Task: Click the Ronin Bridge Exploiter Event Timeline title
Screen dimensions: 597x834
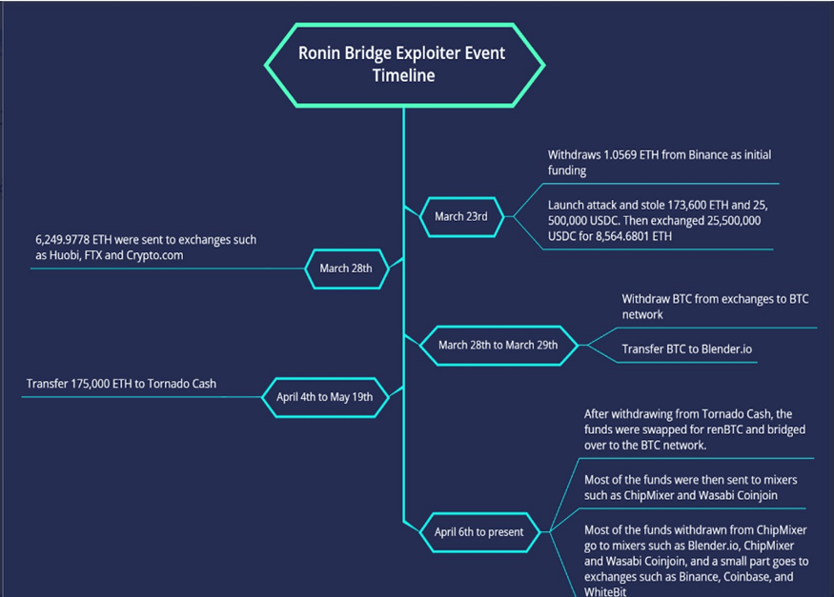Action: (404, 64)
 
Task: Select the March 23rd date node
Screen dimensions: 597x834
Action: (460, 216)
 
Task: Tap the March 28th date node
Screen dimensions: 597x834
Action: (346, 269)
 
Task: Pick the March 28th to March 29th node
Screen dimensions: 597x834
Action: (498, 345)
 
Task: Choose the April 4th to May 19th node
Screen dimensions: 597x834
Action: (325, 396)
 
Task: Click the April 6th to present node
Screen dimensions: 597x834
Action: (478, 532)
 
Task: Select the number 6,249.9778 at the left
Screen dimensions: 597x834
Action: (67, 240)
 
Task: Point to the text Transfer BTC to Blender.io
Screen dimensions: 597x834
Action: (686, 349)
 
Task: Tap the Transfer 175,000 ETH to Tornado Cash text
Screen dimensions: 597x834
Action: (121, 384)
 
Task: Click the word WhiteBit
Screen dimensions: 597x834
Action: (605, 591)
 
